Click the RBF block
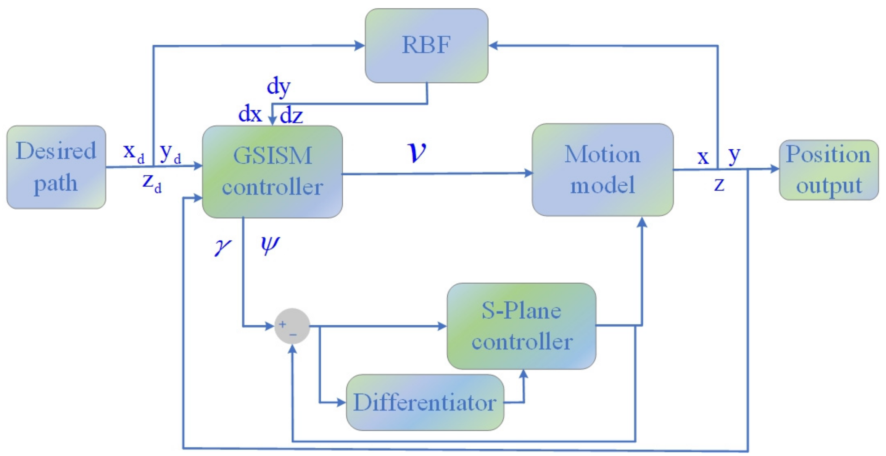coord(426,45)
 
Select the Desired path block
coord(56,167)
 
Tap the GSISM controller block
coord(272,171)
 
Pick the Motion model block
coord(602,170)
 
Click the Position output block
coord(828,170)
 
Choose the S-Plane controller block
coord(521,326)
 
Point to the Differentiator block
coord(425,402)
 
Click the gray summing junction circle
coord(292,326)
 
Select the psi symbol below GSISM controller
coord(270,244)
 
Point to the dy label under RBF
coord(279,87)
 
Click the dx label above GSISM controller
coord(250,114)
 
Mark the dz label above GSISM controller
coord(292,115)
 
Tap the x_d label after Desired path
coord(134,153)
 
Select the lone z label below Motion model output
coord(719,184)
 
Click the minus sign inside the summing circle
coord(293,335)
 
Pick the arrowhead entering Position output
coord(775,169)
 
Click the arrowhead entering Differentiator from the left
coord(342,402)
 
